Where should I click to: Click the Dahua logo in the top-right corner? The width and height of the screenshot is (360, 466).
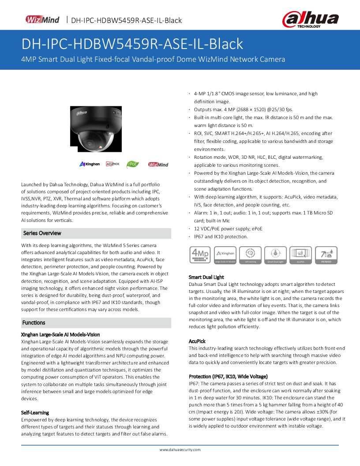pyautogui.click(x=310, y=20)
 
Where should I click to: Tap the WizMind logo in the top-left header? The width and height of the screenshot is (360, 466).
pyautogui.click(x=42, y=20)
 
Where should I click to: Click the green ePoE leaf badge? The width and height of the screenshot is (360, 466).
pyautogui.click(x=133, y=164)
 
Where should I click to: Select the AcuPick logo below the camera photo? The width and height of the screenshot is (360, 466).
pyautogui.click(x=112, y=164)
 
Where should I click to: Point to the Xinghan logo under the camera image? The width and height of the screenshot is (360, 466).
pyautogui.click(x=90, y=164)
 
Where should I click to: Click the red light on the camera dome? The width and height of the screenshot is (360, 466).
pyautogui.click(x=101, y=146)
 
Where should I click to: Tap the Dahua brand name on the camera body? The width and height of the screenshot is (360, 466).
pyautogui.click(x=82, y=113)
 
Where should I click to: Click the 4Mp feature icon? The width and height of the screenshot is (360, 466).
pyautogui.click(x=199, y=256)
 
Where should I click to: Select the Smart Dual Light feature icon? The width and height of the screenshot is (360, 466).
pyautogui.click(x=276, y=256)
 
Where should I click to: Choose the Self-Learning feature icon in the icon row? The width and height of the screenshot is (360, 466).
pyautogui.click(x=250, y=256)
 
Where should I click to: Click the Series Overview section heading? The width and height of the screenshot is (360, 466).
pyautogui.click(x=42, y=233)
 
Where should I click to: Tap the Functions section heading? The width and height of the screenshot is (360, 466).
pyautogui.click(x=34, y=323)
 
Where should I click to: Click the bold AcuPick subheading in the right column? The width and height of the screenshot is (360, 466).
pyautogui.click(x=197, y=341)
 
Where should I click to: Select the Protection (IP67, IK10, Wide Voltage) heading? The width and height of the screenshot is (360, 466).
pyautogui.click(x=228, y=376)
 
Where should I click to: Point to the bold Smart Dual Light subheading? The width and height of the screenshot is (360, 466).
pyautogui.click(x=206, y=277)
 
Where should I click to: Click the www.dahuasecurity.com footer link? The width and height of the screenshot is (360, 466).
pyautogui.click(x=180, y=450)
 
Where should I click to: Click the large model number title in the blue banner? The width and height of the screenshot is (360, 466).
pyautogui.click(x=132, y=44)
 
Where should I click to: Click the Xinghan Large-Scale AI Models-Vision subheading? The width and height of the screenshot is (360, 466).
pyautogui.click(x=60, y=334)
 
